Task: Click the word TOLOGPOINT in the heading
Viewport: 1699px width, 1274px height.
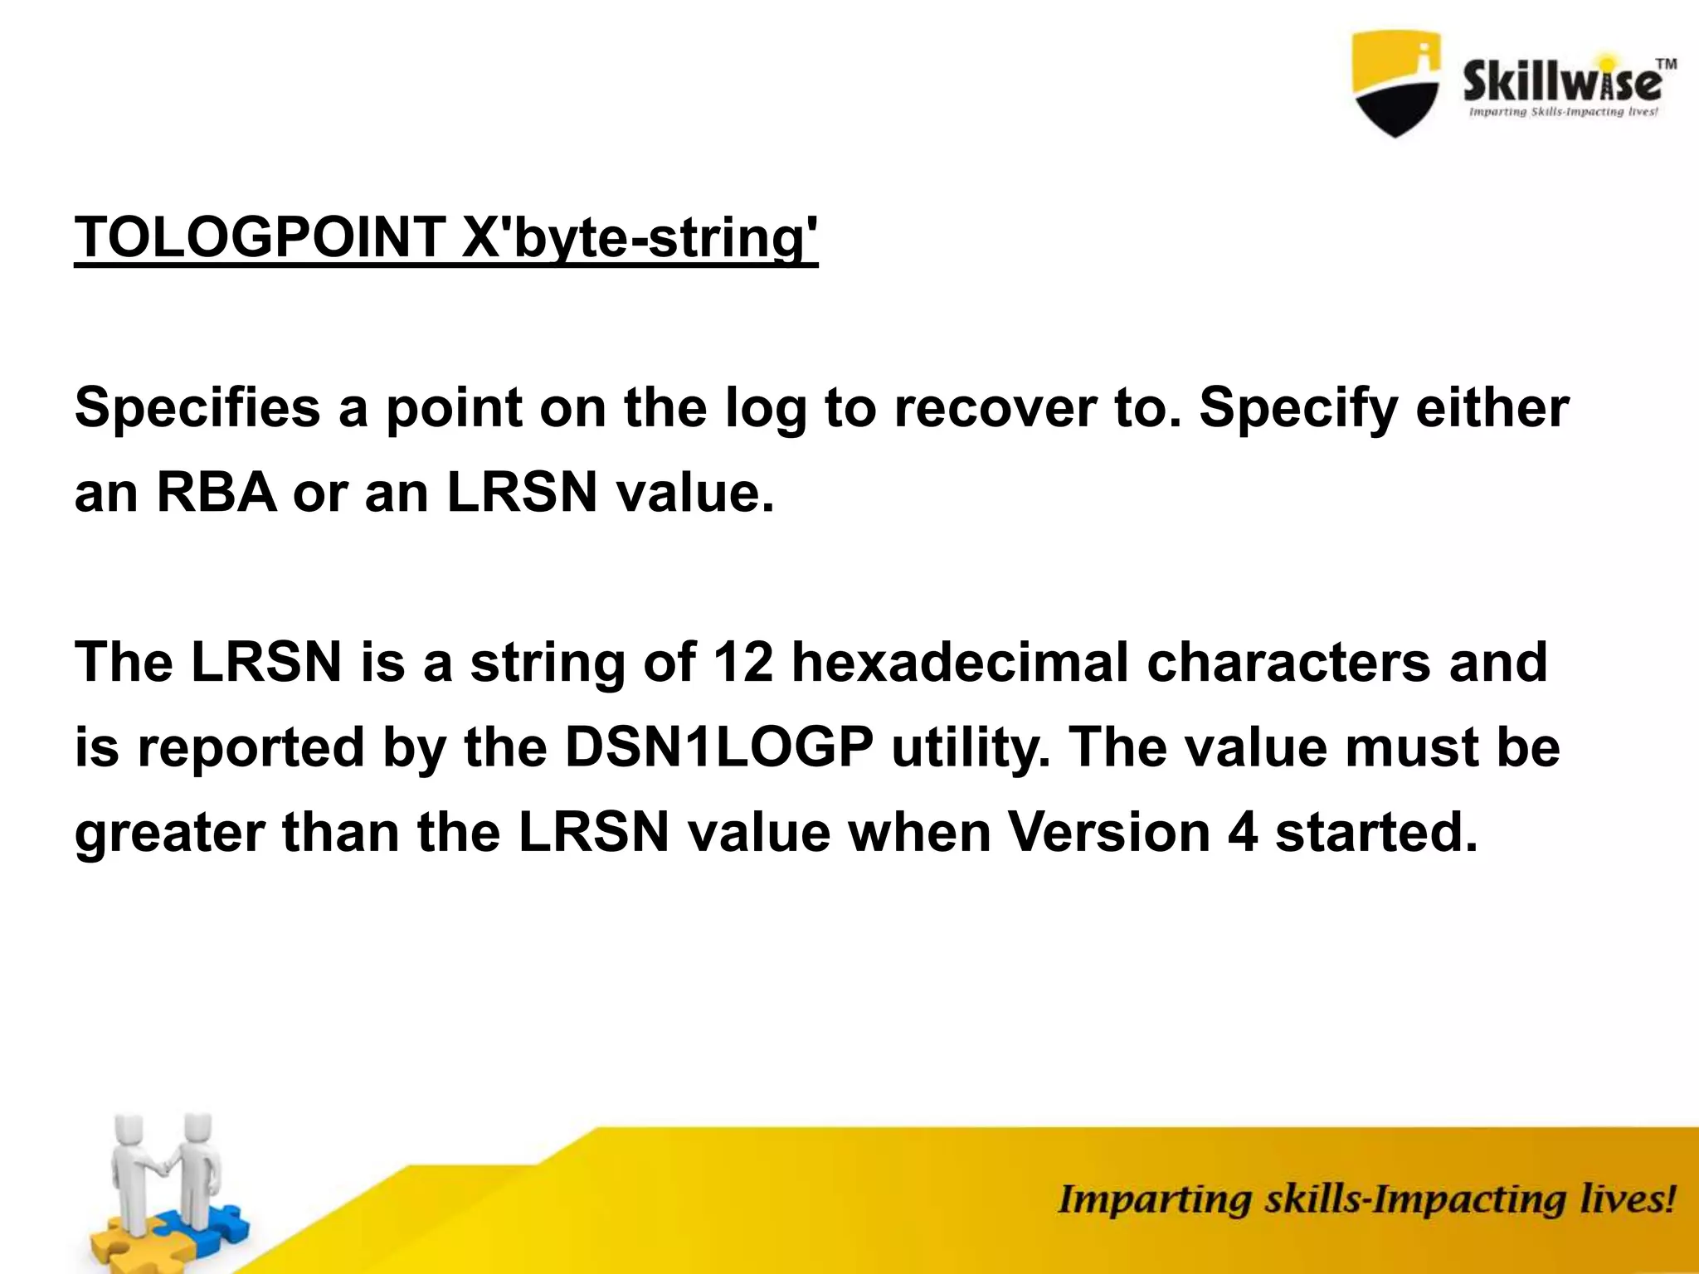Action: tap(260, 238)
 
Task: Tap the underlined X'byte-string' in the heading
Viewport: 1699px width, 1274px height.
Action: tap(639, 238)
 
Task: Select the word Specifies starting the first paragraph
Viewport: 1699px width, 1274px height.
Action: tap(197, 408)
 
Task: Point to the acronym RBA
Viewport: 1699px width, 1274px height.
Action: tap(217, 493)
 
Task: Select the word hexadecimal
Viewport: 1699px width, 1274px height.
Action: tap(960, 662)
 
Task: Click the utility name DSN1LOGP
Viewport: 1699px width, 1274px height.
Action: tap(719, 747)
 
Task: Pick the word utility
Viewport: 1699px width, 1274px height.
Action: tap(967, 747)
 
